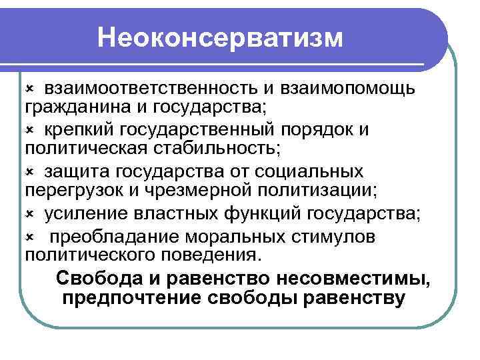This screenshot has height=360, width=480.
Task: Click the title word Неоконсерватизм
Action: click(x=220, y=38)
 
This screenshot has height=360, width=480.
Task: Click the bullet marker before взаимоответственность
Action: click(x=29, y=87)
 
